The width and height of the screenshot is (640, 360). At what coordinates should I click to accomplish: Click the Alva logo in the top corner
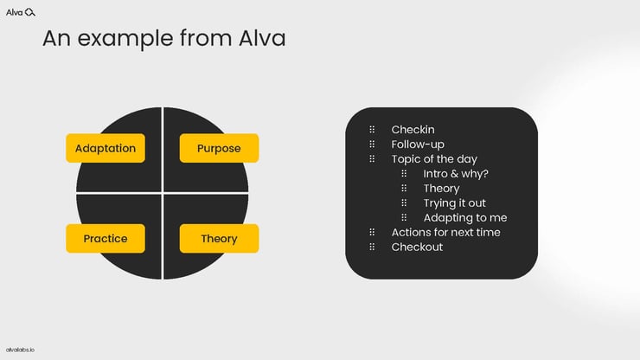pos(21,11)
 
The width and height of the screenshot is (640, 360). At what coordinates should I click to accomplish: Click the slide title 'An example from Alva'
pos(163,39)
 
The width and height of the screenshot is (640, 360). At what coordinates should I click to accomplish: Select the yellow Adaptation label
pos(106,148)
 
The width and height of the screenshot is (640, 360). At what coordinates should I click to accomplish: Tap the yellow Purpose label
pos(219,148)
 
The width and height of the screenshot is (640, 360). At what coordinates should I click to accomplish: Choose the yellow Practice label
pos(106,238)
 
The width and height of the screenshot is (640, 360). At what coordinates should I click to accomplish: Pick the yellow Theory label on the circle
pos(219,238)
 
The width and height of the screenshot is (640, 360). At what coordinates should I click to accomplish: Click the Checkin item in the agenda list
pos(412,130)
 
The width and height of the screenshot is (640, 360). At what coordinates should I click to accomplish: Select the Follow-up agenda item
pos(417,145)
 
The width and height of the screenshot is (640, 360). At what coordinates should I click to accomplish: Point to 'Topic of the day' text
pos(433,159)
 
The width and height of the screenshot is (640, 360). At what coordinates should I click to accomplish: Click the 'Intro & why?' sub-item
pos(456,173)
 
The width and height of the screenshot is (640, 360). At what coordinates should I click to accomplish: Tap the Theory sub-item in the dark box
pos(441,188)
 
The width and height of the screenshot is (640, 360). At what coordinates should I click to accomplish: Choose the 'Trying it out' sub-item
pos(454,202)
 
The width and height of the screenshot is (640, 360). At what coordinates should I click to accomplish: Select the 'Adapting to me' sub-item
pos(464,217)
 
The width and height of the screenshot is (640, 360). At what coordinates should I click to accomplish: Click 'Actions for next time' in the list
pos(445,232)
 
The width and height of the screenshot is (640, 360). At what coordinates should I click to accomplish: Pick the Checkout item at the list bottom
pos(417,247)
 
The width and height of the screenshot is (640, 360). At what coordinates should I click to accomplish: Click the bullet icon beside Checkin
pos(372,130)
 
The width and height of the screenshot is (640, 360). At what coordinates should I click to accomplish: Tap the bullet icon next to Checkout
pos(372,247)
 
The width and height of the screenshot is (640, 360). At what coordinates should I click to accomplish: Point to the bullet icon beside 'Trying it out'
pos(404,202)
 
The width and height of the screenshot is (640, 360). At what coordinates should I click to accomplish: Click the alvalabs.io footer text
pos(21,350)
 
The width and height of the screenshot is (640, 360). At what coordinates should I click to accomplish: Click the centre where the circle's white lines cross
pos(163,193)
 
